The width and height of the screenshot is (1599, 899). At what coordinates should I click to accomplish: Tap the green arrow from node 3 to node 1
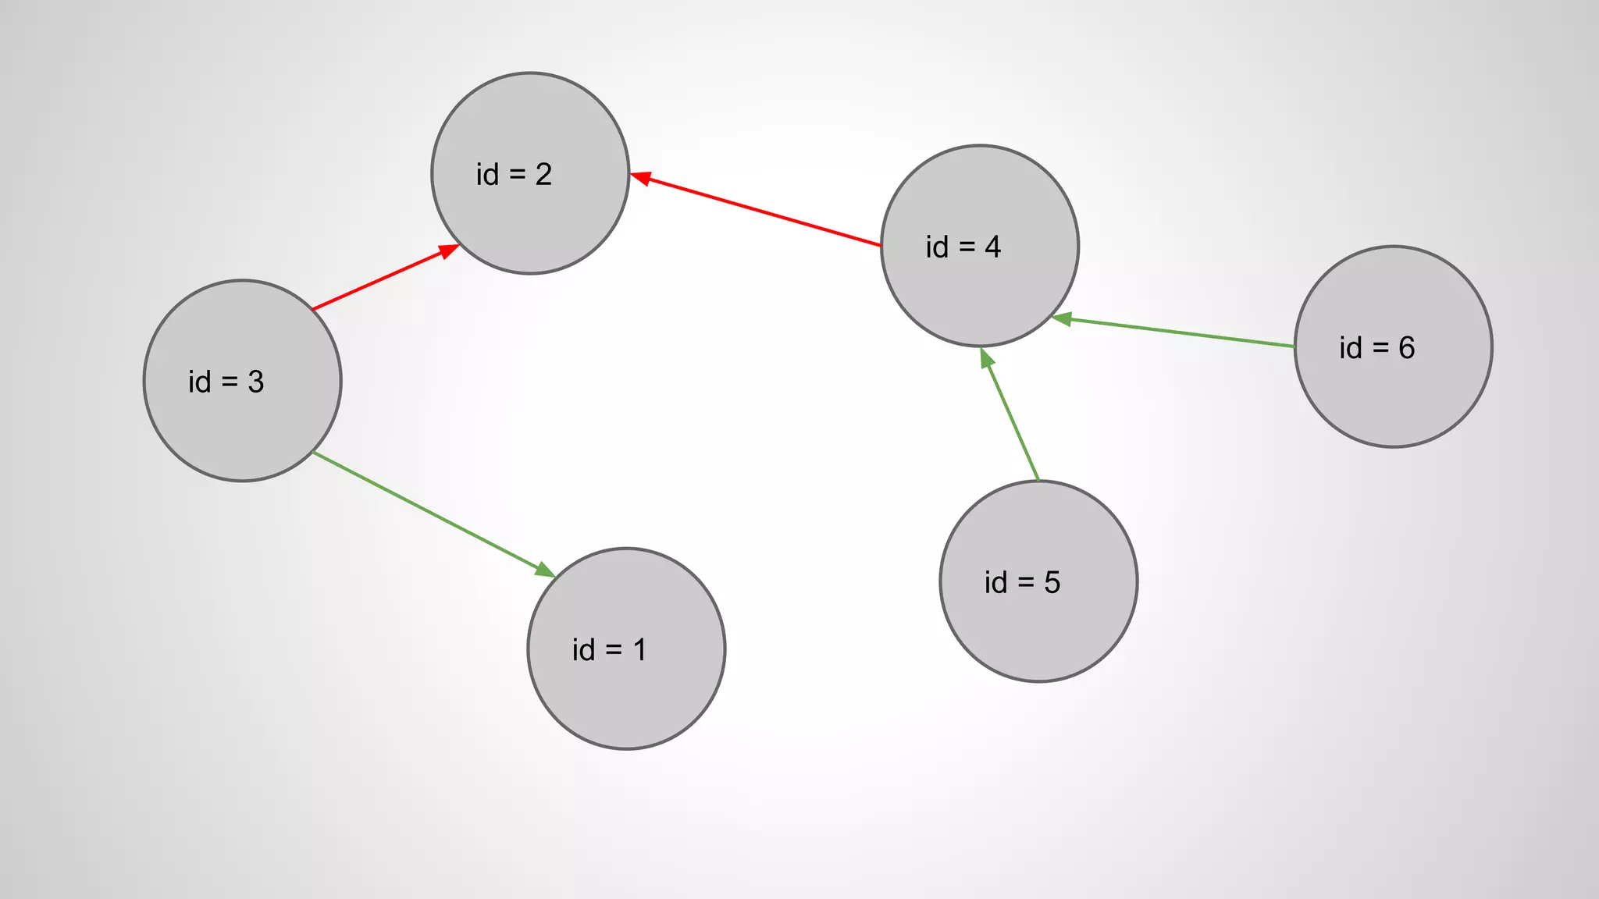point(429,512)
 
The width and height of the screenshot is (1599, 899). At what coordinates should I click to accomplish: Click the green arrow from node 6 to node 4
point(1179,332)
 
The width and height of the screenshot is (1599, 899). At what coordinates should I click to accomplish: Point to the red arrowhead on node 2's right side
point(640,179)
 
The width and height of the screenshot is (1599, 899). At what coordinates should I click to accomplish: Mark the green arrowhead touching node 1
point(544,570)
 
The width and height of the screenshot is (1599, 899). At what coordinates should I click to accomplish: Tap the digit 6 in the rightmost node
point(1407,348)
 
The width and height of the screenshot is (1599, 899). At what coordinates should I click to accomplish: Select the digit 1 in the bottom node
point(640,650)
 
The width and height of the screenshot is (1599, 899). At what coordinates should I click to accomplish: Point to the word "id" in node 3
point(200,382)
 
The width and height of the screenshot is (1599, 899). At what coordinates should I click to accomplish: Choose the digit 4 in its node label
point(993,247)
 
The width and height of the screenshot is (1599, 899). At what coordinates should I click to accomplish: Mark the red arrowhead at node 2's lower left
point(448,251)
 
